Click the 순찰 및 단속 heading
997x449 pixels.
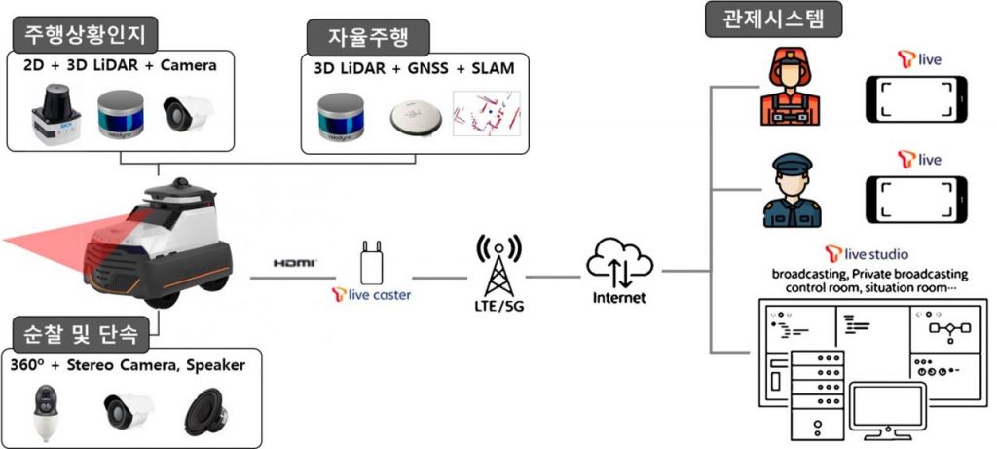(82, 334)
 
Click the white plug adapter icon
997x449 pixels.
(371, 261)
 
